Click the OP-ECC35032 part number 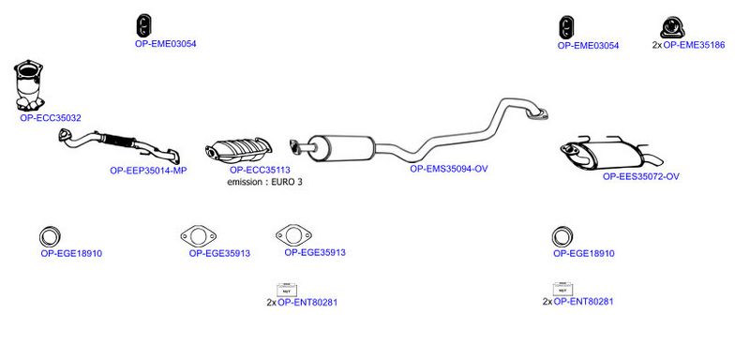(51, 117)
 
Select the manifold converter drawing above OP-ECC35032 (29, 85)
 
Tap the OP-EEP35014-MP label (148, 171)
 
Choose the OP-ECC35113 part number (260, 170)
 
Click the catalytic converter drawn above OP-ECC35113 (238, 149)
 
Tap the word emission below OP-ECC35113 (245, 182)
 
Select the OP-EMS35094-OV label (449, 169)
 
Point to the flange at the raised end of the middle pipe (536, 114)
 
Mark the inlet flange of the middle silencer (295, 147)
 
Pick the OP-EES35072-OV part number (641, 176)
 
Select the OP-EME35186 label (694, 45)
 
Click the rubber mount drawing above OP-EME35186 (672, 27)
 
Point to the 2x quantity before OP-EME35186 (657, 45)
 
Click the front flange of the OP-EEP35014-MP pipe (65, 135)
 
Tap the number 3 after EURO (299, 182)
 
